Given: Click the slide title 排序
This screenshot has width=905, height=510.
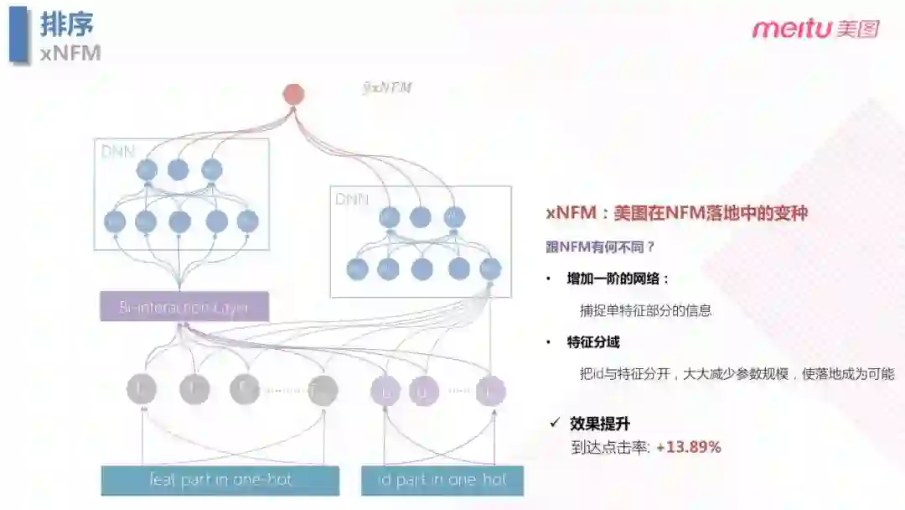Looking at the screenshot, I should [x=67, y=24].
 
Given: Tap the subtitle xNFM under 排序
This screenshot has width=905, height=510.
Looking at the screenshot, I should [x=70, y=53].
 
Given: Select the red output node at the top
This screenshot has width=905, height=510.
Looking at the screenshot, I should [x=293, y=94].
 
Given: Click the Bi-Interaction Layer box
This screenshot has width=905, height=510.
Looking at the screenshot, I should [x=184, y=307].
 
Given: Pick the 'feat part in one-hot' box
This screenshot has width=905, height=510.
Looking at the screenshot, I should [x=220, y=481].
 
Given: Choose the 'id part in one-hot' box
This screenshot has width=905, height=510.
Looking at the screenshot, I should [x=442, y=481].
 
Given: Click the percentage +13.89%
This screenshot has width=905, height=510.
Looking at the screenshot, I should [x=689, y=447].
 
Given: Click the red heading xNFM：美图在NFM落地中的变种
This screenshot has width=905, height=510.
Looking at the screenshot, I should [x=676, y=213].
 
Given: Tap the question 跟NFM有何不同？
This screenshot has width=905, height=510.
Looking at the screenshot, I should [x=600, y=247].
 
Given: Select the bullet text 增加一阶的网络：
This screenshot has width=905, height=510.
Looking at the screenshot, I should [x=618, y=278].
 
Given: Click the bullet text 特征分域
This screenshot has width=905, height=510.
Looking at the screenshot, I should [x=593, y=342].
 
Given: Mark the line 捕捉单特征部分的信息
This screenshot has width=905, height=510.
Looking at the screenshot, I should [x=645, y=310].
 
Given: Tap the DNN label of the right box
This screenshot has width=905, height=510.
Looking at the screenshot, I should [x=351, y=199].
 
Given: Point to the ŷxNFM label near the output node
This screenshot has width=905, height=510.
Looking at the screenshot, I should [x=386, y=87].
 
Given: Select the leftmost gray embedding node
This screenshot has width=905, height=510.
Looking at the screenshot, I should [x=142, y=390].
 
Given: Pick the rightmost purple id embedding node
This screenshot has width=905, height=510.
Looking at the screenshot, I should [x=490, y=391].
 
